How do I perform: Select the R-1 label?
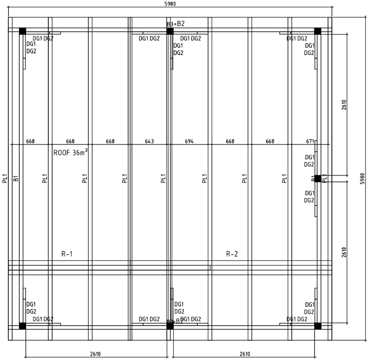[67, 253]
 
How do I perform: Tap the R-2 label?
[232, 253]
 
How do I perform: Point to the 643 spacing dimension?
[149, 141]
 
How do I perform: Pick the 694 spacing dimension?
[190, 141]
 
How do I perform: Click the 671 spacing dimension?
[310, 141]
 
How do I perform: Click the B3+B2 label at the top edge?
[176, 23]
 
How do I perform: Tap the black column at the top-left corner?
[22, 31]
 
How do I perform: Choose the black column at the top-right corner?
[317, 31]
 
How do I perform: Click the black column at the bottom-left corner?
[22, 326]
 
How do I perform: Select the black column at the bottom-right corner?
[317, 326]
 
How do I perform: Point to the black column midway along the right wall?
[317, 178]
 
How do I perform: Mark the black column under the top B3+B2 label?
[170, 31]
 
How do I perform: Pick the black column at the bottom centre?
[170, 326]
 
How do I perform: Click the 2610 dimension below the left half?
[95, 354]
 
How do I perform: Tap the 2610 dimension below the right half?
[245, 354]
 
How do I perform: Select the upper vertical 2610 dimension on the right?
[344, 104]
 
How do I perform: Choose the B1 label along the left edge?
[16, 178]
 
